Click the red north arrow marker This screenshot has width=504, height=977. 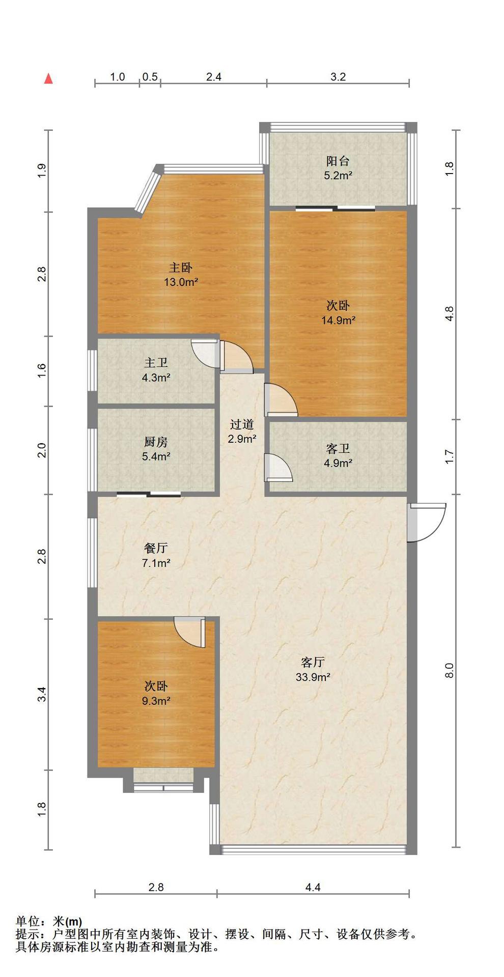(48, 78)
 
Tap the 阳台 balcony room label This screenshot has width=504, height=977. (338, 161)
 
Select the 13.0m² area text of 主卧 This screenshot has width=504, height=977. (181, 282)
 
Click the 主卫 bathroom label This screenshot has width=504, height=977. (156, 363)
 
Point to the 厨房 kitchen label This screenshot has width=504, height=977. (156, 442)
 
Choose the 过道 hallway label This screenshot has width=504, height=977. (242, 424)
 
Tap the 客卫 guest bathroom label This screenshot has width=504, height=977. (338, 449)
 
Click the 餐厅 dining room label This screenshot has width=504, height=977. (156, 548)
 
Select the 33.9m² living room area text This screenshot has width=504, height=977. (313, 677)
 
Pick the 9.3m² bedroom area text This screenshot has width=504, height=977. (156, 701)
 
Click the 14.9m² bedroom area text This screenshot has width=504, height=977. (338, 320)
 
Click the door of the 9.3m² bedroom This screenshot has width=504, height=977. (189, 632)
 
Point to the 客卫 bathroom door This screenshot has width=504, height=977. (278, 467)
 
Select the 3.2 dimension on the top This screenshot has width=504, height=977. (338, 77)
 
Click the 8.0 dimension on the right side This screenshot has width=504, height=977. (449, 670)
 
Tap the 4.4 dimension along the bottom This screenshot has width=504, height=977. (313, 887)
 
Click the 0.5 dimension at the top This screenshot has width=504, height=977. (150, 77)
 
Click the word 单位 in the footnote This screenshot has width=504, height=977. (29, 921)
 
